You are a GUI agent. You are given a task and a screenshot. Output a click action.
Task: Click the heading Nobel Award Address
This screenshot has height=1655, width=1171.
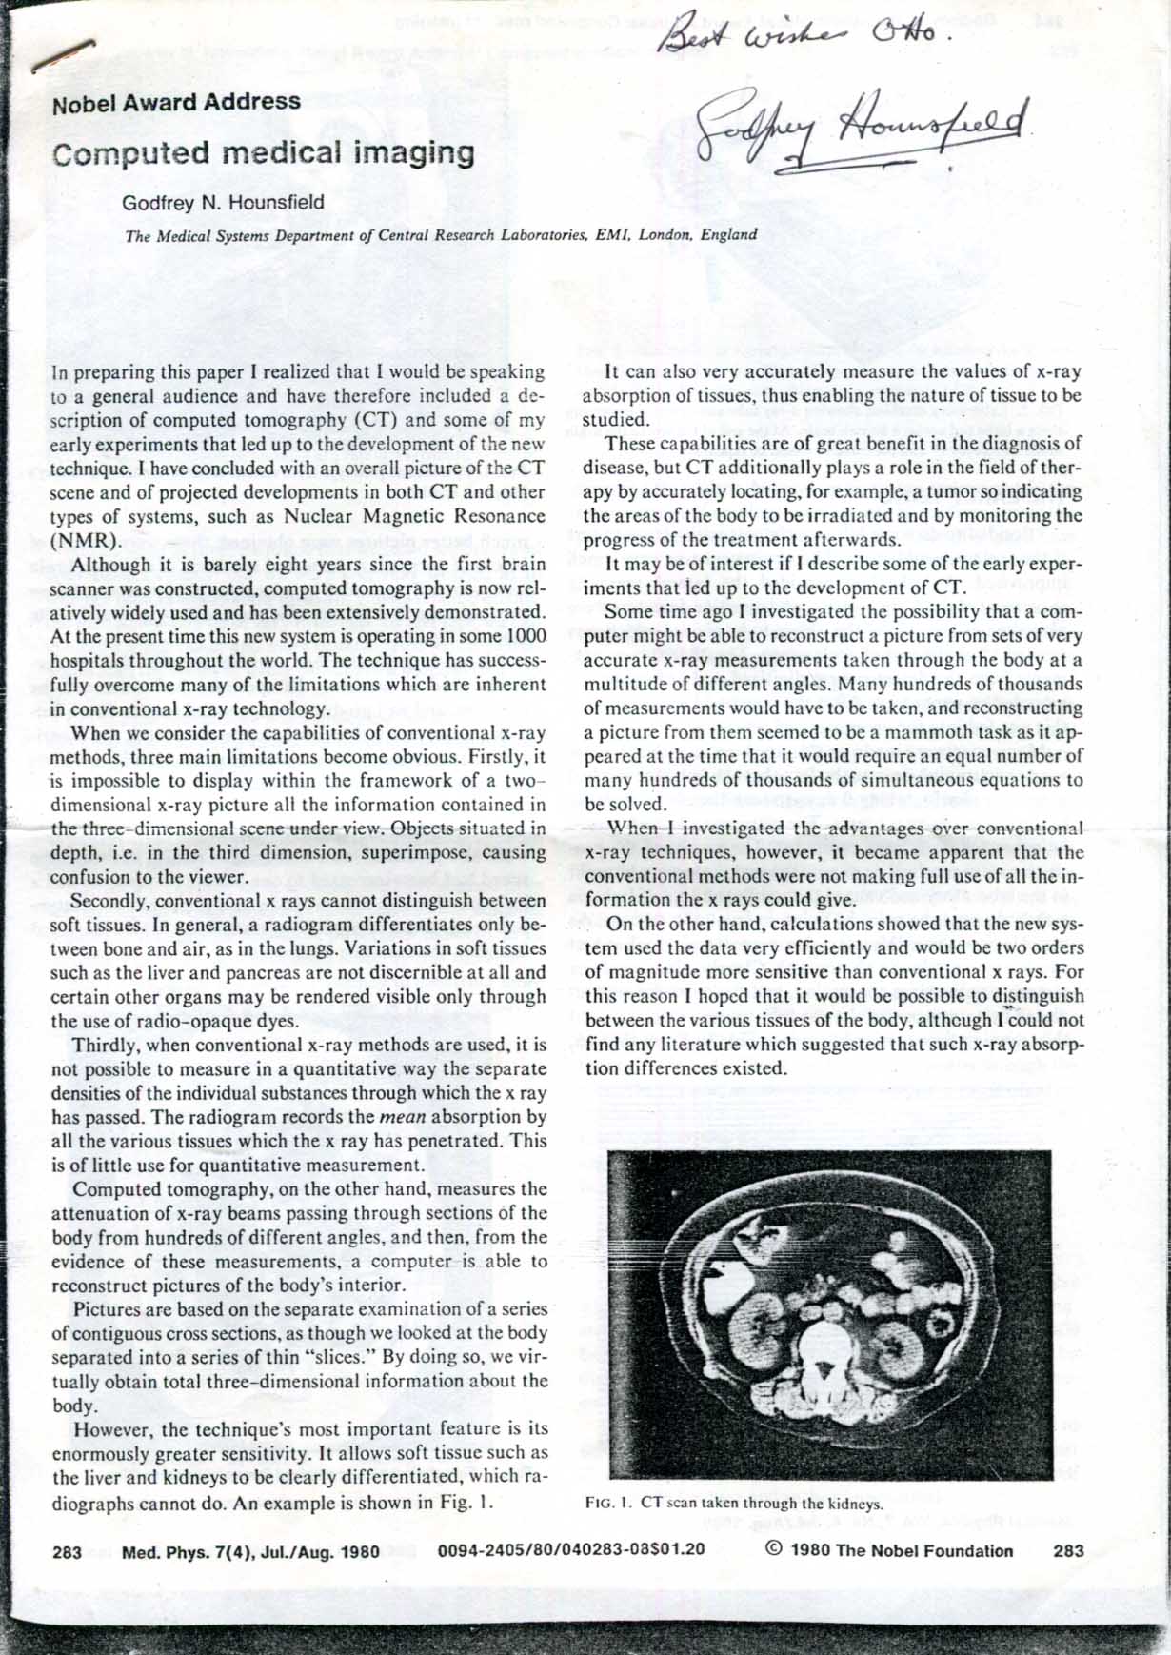[177, 103]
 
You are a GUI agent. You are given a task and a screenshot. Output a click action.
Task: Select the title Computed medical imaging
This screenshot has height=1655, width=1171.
[263, 152]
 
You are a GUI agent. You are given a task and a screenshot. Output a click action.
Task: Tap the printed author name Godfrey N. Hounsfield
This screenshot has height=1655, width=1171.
[223, 203]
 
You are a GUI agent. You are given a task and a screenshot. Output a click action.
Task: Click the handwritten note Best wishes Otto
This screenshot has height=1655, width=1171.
[805, 33]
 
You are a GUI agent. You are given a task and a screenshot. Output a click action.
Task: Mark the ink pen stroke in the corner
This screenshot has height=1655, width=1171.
[63, 55]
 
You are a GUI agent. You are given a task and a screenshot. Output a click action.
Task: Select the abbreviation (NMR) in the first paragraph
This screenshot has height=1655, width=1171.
[86, 541]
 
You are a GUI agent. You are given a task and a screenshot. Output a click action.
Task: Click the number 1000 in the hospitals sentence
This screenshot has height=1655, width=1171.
[526, 636]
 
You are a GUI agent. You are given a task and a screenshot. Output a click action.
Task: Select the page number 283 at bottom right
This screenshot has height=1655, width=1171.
[1068, 1550]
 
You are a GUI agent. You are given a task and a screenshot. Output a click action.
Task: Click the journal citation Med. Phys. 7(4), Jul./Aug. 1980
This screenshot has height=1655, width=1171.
[250, 1552]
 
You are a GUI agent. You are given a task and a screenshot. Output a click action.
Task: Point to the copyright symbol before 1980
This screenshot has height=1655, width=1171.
[774, 1549]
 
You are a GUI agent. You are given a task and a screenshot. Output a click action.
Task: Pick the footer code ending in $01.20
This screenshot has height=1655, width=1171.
[571, 1549]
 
